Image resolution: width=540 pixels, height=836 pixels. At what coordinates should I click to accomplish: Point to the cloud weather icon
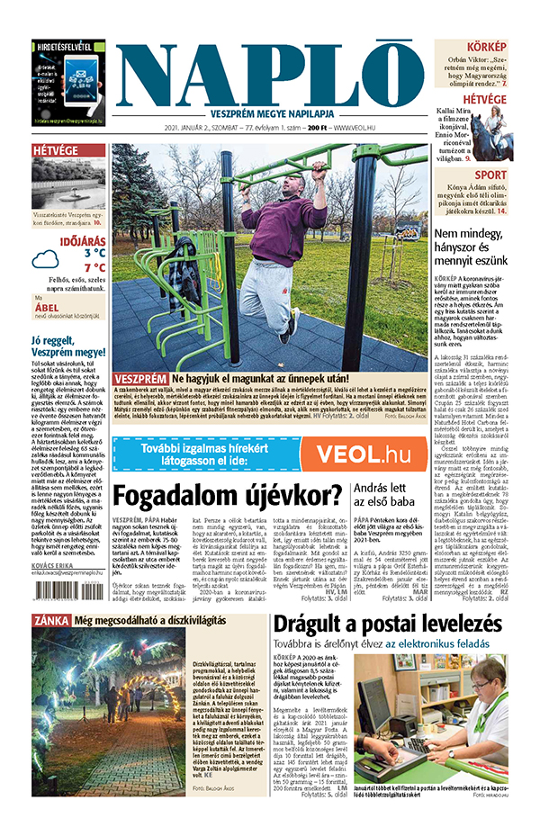45,260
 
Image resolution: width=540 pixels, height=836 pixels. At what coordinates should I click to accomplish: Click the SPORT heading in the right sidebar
490,175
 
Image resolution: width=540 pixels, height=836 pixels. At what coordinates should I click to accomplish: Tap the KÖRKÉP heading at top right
486,46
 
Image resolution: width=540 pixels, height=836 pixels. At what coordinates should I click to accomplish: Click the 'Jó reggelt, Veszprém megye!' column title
67,346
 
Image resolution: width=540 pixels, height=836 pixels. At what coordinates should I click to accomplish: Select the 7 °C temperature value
94,267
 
